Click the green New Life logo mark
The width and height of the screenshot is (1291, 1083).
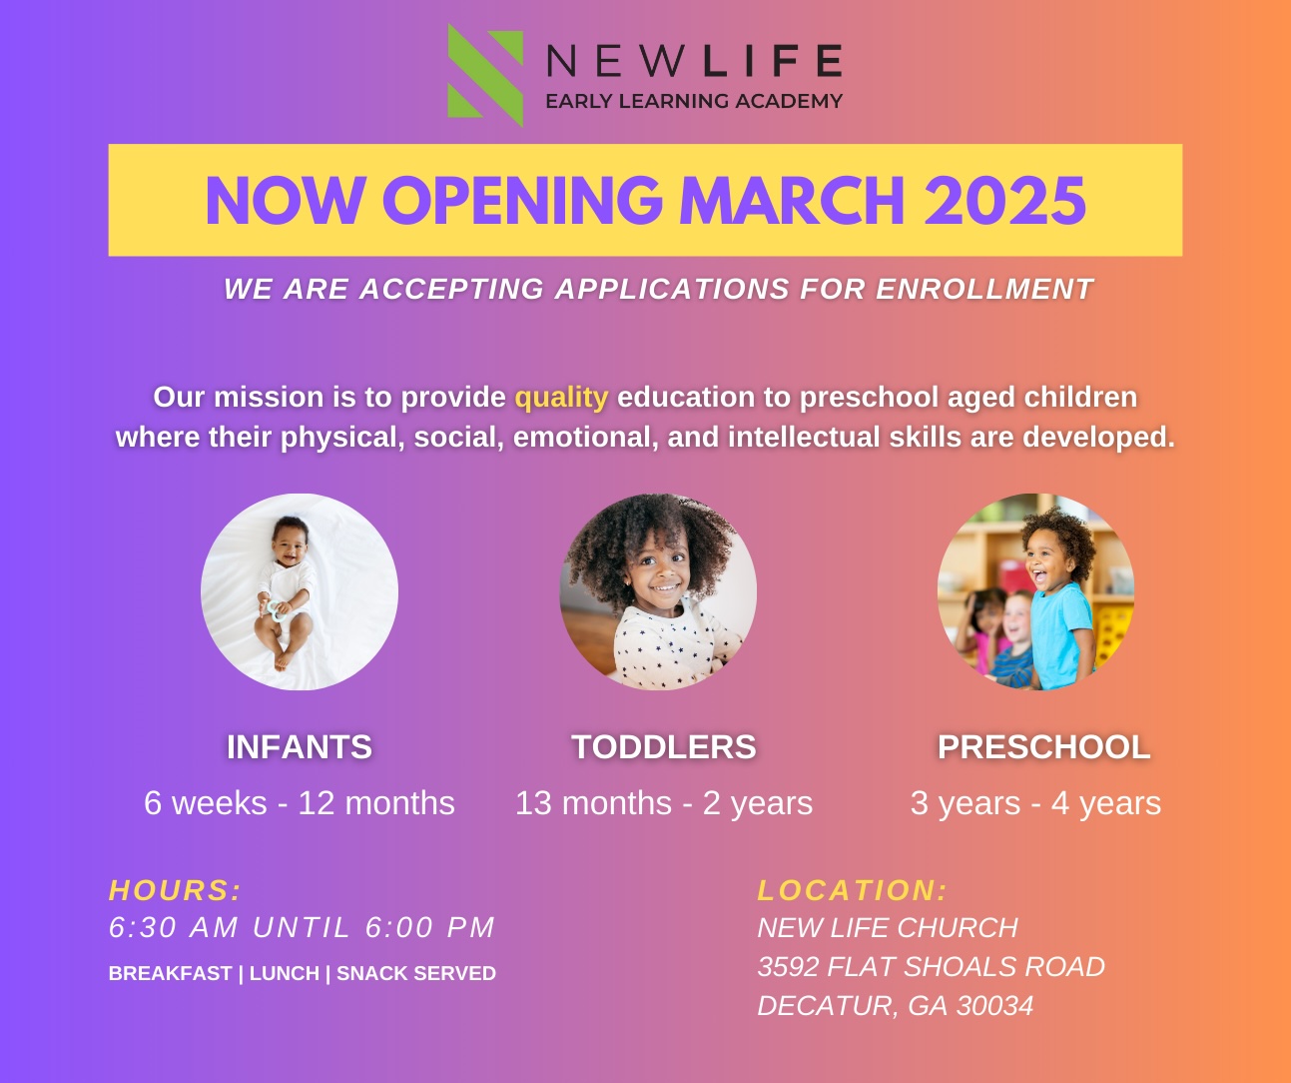(485, 76)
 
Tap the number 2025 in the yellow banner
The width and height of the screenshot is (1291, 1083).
(1004, 201)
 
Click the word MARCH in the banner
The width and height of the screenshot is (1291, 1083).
(792, 201)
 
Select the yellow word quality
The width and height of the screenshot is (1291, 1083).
(561, 398)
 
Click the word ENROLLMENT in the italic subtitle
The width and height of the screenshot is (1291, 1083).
(984, 289)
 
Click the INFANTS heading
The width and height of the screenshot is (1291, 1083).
(300, 746)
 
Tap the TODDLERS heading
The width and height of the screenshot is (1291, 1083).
(663, 746)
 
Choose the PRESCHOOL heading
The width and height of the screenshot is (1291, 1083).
(1043, 746)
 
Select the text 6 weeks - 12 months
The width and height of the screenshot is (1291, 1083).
(300, 803)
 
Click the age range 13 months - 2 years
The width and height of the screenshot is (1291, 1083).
(663, 804)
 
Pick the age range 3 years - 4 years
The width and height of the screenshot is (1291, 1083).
(1035, 804)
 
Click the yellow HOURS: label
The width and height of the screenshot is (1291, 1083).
(175, 890)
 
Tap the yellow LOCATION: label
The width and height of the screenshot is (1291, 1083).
(853, 890)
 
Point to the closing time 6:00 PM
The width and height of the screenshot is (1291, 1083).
(429, 927)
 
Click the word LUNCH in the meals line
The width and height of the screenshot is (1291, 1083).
(285, 973)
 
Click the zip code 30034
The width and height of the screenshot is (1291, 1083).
(994, 1006)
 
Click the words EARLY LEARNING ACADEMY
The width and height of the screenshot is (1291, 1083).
(694, 101)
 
